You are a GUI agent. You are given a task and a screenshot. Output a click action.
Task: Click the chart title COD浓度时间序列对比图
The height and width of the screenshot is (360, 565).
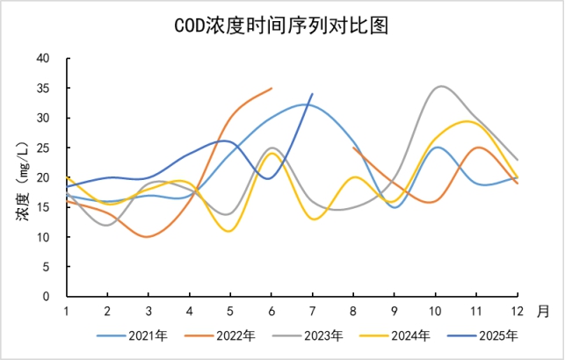pos(282,25)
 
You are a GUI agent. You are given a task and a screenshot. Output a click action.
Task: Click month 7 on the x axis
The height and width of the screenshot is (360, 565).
pos(313,311)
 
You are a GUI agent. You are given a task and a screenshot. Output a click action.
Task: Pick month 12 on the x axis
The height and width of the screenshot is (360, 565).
pos(518,311)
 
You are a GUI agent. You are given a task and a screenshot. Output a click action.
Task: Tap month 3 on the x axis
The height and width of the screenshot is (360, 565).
pos(148,311)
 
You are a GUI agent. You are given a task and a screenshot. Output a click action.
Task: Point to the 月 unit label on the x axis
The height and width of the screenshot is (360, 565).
pos(543,311)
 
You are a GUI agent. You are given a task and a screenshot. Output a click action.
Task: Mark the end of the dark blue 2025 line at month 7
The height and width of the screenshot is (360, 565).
pos(312,94)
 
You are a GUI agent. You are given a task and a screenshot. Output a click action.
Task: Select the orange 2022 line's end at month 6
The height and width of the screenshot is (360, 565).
pos(272,88)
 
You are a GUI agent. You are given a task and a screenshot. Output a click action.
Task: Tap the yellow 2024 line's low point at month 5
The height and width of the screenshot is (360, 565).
pos(230,231)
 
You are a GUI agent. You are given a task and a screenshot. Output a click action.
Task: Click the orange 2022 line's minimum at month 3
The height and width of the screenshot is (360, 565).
pos(148,237)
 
